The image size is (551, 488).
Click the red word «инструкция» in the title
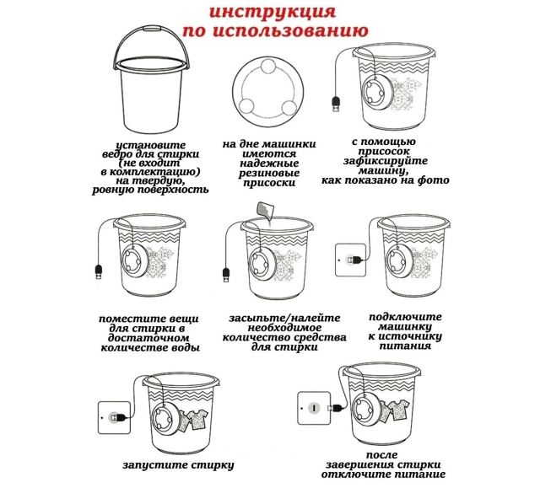click(273, 12)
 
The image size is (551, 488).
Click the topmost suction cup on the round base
click(269, 66)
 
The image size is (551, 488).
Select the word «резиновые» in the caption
click(269, 173)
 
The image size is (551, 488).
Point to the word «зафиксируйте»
click(386, 161)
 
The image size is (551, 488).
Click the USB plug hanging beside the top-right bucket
click(336, 104)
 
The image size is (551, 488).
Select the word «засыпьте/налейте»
click(284, 318)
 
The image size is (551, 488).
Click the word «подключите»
click(405, 317)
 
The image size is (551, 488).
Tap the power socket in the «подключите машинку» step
click(350, 260)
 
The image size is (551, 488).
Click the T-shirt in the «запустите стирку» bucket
click(193, 420)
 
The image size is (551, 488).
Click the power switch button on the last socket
click(314, 408)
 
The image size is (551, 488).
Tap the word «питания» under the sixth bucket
click(405, 346)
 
